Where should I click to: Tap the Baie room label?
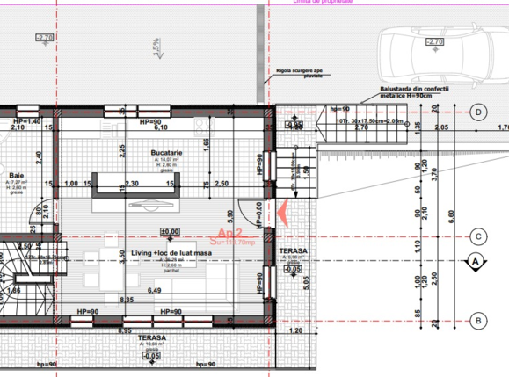pyautogui.click(x=16, y=174)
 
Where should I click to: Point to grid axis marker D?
pyautogui.click(x=479, y=112)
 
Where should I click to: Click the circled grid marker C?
pyautogui.click(x=479, y=236)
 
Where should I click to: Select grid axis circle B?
pyautogui.click(x=479, y=321)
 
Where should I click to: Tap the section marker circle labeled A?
pyautogui.click(x=475, y=261)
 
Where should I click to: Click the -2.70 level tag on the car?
pyautogui.click(x=433, y=41)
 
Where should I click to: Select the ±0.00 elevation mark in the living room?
pyautogui.click(x=170, y=232)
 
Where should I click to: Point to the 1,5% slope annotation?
pyautogui.click(x=156, y=47)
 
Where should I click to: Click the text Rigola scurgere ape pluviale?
pyautogui.click(x=299, y=72)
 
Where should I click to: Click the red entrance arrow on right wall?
pyautogui.click(x=282, y=212)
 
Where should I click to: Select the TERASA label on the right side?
pyautogui.click(x=294, y=251)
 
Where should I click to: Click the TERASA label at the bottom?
pyautogui.click(x=152, y=339)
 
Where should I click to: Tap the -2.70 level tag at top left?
pyautogui.click(x=44, y=38)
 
